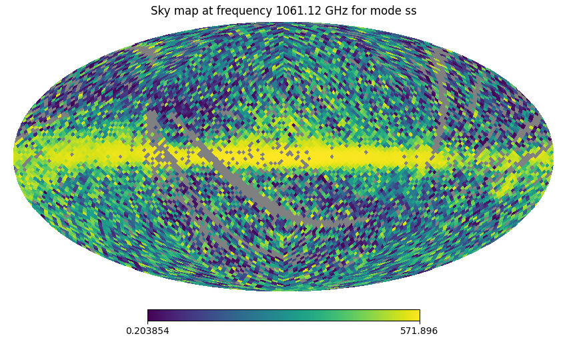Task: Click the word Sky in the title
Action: (161, 11)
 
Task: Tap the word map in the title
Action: (186, 11)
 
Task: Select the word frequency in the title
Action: (239, 11)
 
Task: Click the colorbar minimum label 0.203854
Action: (147, 331)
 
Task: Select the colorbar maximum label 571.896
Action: (419, 331)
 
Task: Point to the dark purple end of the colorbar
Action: (151, 315)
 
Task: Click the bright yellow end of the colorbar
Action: (416, 315)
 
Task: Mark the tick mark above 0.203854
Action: (147, 323)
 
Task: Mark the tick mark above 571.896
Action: (420, 323)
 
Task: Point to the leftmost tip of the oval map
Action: (14, 157)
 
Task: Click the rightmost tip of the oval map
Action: (553, 157)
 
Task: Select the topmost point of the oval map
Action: (283, 23)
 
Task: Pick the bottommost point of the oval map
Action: (283, 291)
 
